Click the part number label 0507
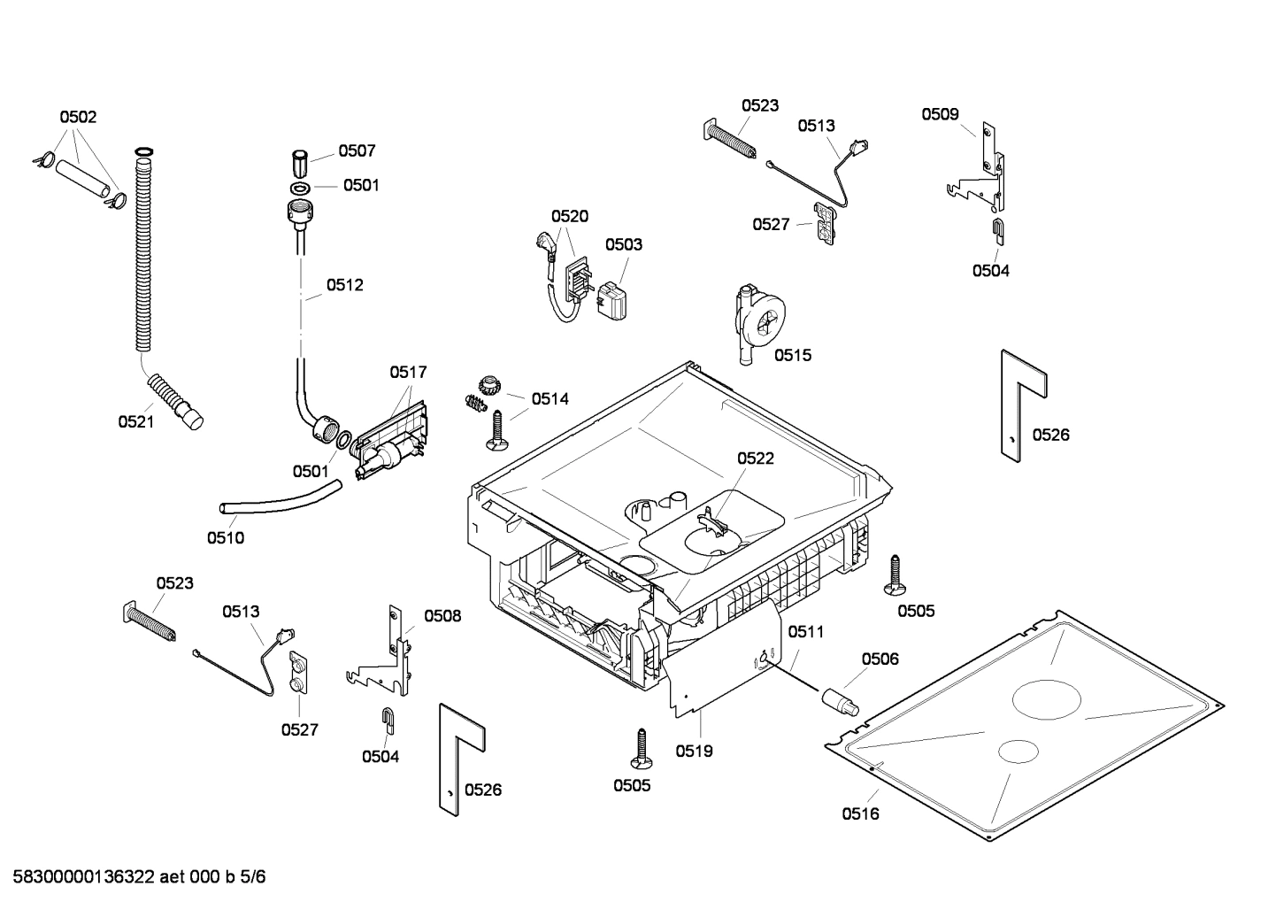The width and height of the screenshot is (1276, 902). [357, 151]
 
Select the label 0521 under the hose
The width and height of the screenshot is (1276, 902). [136, 422]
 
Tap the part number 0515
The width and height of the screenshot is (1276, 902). [792, 355]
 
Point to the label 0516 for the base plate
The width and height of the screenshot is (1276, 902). [860, 813]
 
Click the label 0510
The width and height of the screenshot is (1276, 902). [226, 537]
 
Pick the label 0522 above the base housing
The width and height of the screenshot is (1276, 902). [756, 458]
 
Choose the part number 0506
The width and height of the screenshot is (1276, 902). [880, 659]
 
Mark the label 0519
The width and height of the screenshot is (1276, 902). [694, 751]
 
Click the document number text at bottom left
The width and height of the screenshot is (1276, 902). [134, 877]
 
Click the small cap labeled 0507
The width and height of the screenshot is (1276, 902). [301, 163]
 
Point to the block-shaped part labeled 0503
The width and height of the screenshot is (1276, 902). [611, 300]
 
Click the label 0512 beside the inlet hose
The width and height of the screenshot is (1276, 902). [344, 285]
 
